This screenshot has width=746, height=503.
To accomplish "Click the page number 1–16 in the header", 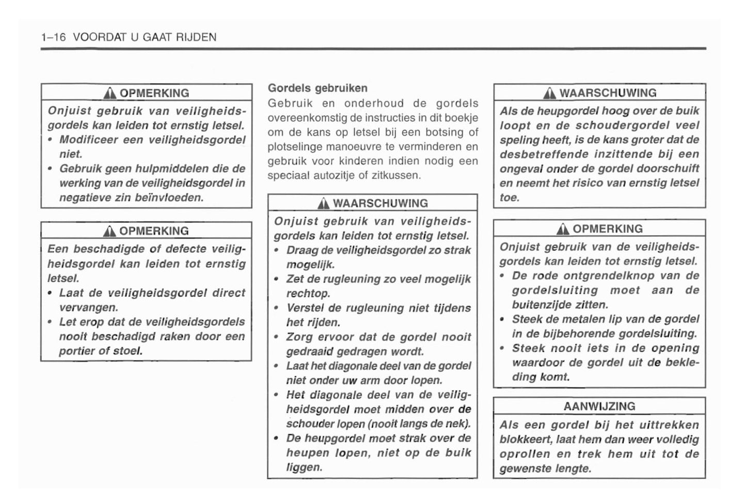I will coord(53,37).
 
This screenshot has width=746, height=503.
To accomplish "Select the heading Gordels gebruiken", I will coord(318,88).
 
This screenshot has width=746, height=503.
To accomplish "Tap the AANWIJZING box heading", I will coord(599,407).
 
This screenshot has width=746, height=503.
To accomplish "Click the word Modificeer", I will coord(87,140).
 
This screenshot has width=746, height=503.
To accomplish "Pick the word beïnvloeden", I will coord(168,198).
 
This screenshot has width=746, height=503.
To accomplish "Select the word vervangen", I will coord(88,307).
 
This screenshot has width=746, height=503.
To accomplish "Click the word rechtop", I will coord(308,294).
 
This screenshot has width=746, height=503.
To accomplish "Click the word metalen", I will coord(576,319).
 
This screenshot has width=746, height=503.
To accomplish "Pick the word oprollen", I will coord(525,455).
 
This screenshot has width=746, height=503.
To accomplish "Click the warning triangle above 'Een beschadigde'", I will coord(109,231).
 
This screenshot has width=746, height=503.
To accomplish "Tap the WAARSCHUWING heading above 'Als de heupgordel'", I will coord(608,93).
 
